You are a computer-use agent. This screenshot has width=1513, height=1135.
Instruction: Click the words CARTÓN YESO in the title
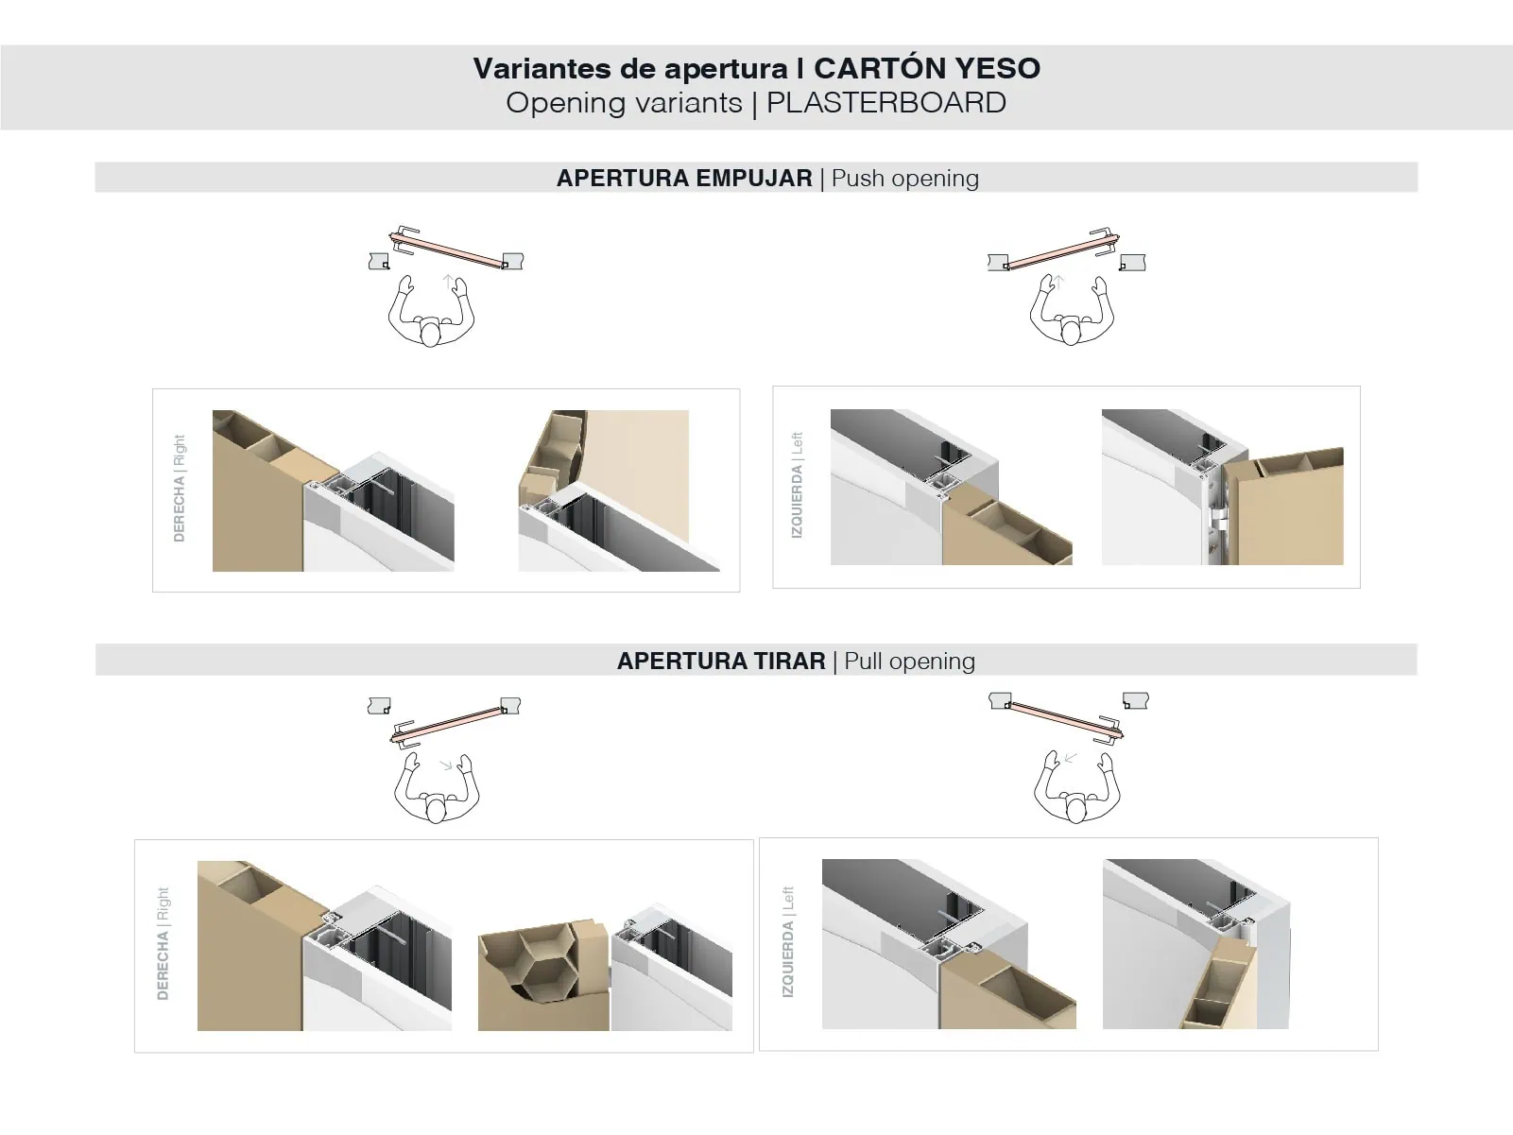(x=926, y=68)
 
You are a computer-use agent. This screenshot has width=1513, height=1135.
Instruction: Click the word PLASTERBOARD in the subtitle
(x=885, y=102)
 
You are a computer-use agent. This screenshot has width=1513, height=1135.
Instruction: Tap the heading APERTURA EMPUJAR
(x=683, y=178)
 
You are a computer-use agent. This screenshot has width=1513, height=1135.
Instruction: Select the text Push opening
(x=904, y=178)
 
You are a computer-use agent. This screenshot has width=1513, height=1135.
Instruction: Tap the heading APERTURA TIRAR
(x=720, y=661)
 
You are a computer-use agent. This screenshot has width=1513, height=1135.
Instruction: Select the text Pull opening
(x=909, y=661)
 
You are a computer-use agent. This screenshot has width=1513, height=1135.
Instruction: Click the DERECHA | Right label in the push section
(x=179, y=488)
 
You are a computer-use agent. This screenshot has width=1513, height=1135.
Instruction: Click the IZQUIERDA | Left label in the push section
(x=796, y=485)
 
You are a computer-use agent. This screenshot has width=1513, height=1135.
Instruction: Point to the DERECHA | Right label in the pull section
(x=163, y=943)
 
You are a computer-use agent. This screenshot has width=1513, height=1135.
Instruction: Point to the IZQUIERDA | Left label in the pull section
(x=787, y=941)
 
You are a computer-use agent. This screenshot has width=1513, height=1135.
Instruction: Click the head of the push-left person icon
(x=1071, y=333)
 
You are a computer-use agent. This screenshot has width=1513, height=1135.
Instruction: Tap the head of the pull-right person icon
(x=436, y=810)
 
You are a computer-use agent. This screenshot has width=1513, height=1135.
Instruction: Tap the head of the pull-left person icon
(x=1076, y=809)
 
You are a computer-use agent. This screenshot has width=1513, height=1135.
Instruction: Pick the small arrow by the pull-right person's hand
(x=445, y=765)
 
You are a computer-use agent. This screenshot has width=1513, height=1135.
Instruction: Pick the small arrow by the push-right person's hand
(x=447, y=280)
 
